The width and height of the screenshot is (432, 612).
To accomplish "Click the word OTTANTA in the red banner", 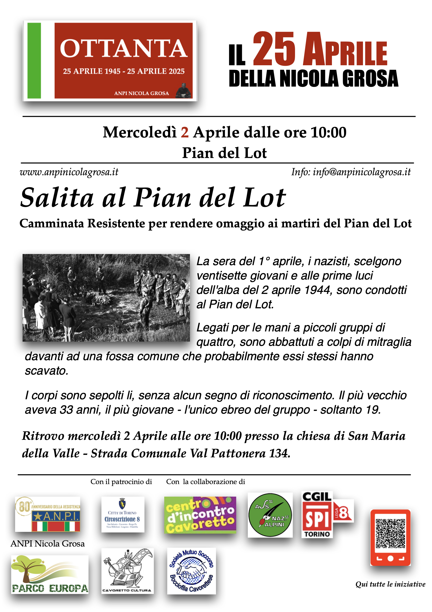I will pos(123,49).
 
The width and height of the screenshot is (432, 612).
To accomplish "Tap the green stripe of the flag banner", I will pos(34,61).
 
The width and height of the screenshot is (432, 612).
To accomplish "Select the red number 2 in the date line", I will pos(185,133).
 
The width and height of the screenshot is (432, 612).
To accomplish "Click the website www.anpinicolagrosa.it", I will pos(69,172).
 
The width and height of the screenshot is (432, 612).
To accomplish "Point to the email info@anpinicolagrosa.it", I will pos(361,172).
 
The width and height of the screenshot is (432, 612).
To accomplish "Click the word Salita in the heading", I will pos(57,198).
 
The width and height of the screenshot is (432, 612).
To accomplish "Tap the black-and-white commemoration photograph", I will pos(106,298).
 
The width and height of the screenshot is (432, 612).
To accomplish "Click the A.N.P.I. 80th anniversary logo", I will pos(48,514).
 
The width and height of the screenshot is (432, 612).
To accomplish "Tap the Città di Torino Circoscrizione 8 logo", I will pos(123,514).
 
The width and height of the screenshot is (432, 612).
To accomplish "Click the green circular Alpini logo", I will pos(270,515).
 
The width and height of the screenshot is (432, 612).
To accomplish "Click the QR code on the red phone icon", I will pos(390,533).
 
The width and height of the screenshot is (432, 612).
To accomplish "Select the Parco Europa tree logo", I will pos(50,574).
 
